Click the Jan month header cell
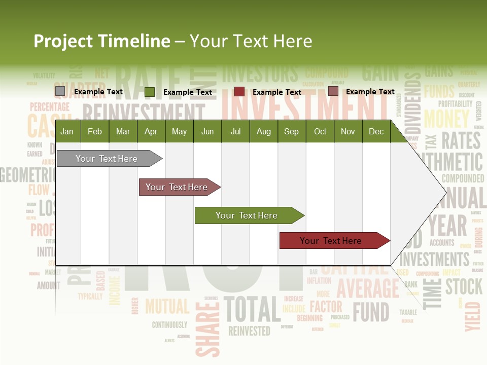coord(67,131)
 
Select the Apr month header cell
coord(151,131)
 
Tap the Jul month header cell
coord(235,131)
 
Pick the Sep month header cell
coord(291,131)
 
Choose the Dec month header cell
coord(376,131)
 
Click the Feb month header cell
coord(95,131)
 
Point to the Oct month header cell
coord(320,131)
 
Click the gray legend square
coord(60,91)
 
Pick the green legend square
coord(150,92)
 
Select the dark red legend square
coord(239,92)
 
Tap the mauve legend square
coord(333,91)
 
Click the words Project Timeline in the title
coord(101,41)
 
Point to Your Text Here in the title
coord(251,41)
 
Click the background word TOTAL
coord(252,308)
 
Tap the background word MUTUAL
coord(167,306)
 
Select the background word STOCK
coord(464,286)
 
